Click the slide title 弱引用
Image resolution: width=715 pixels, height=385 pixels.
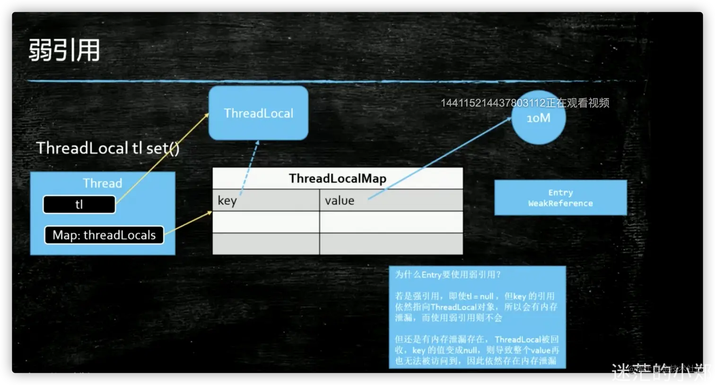pos(64,50)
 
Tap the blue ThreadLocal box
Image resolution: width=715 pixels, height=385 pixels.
pos(258,113)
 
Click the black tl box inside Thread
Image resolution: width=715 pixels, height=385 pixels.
pos(79,204)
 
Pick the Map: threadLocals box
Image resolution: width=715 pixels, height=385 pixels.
pos(104,235)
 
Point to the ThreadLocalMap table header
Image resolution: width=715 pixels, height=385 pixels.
pos(338,178)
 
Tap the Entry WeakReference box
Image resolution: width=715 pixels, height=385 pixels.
pos(560,198)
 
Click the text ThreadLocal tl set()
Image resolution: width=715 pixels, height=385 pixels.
pos(108,148)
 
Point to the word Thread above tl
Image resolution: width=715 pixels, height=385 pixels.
pos(102,183)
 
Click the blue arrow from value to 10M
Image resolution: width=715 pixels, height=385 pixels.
pos(440,158)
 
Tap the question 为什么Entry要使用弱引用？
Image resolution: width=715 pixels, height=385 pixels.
pos(448,274)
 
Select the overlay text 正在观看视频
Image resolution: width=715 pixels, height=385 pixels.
pos(577,103)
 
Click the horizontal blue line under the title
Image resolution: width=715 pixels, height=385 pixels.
pos(331,81)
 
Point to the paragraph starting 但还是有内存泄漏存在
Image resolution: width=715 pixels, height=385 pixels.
pos(477,350)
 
